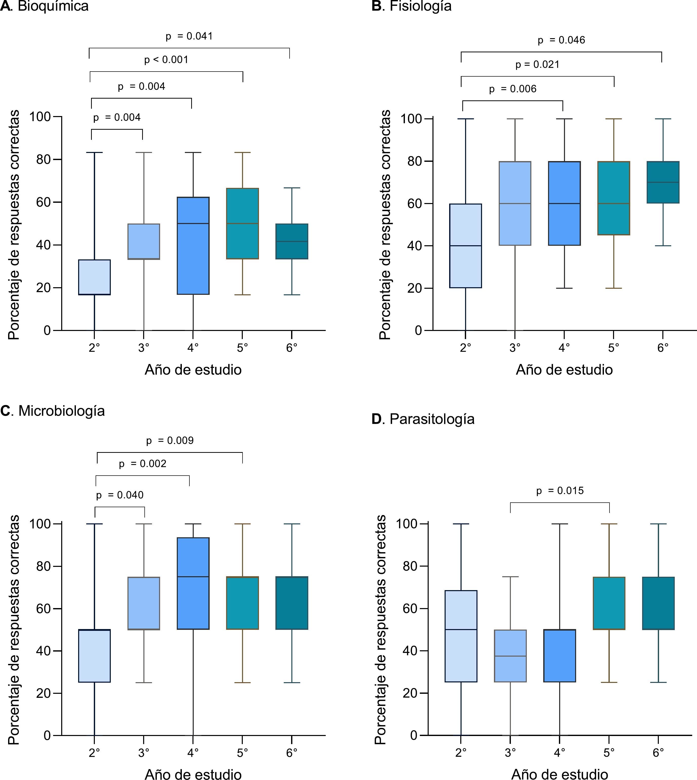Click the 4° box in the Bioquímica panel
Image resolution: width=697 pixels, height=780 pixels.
(x=193, y=246)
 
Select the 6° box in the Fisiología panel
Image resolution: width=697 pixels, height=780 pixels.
(x=663, y=182)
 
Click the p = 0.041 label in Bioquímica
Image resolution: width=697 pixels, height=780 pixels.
(x=189, y=36)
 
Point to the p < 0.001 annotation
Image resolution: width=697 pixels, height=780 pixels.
(x=166, y=60)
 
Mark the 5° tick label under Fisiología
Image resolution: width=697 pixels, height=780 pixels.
(x=614, y=348)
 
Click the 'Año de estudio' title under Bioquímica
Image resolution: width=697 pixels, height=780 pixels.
(x=193, y=370)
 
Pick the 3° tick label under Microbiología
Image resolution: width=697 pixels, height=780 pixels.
(x=144, y=753)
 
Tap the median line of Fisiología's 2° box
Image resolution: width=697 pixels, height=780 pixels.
(x=465, y=246)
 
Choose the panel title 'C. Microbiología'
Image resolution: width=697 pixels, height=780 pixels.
(x=52, y=411)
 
